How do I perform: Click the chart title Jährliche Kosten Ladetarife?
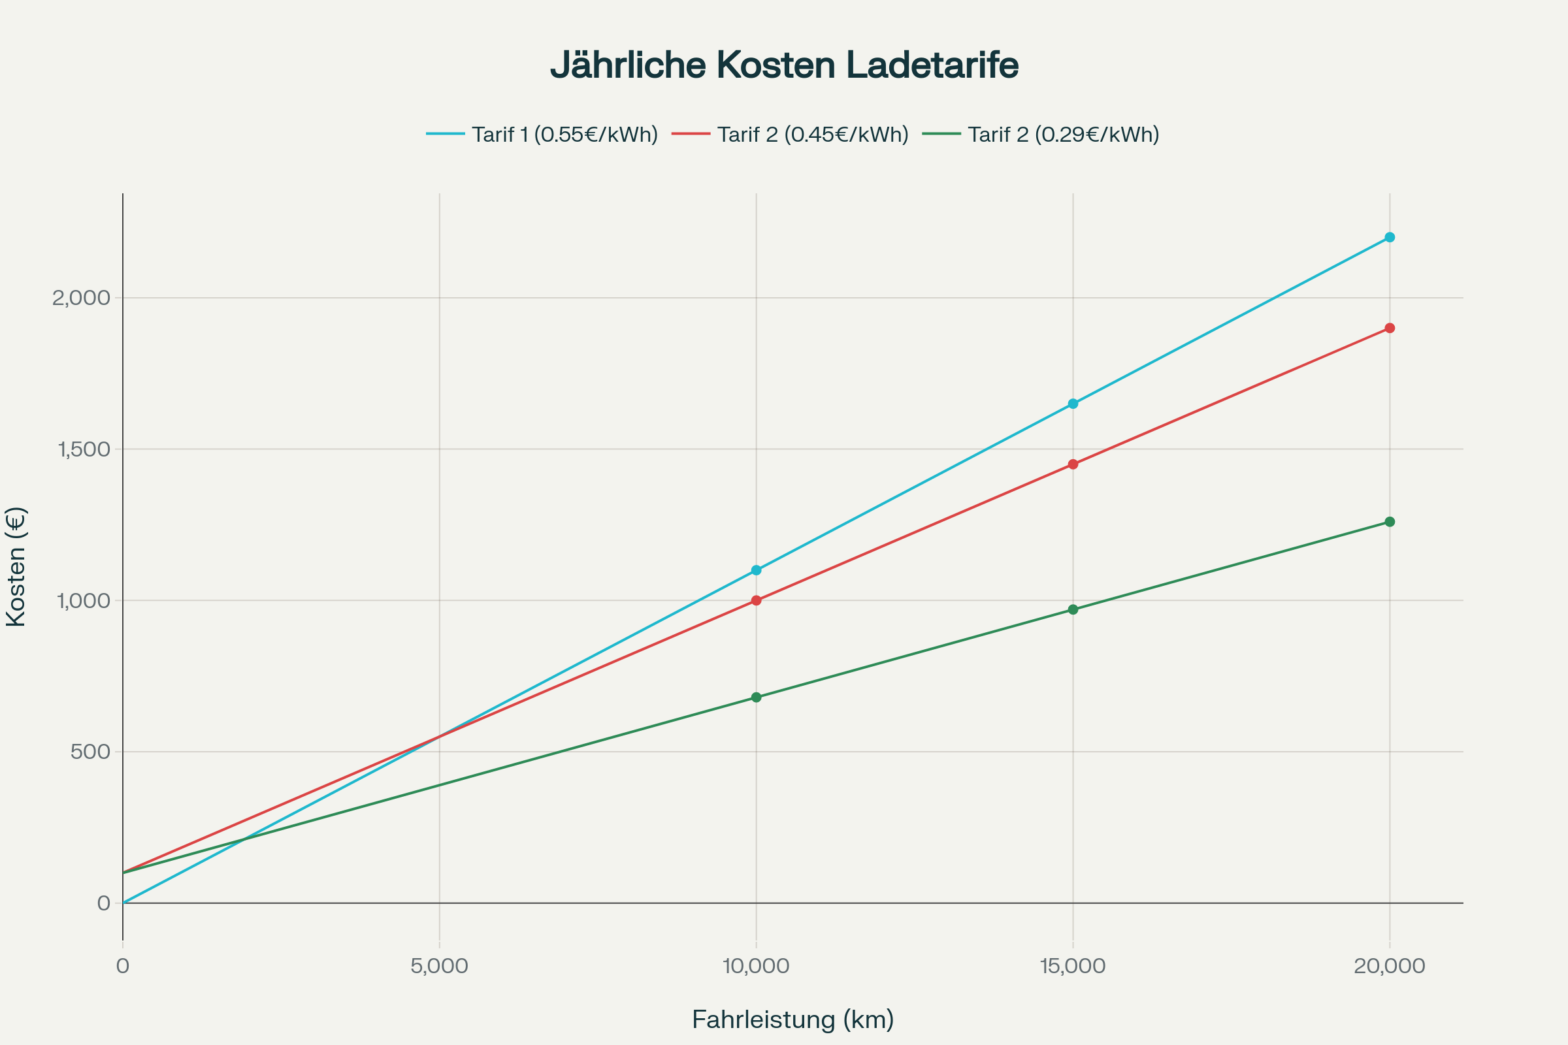click(x=784, y=65)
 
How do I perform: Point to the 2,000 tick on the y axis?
click(x=81, y=298)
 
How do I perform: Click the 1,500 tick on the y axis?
click(x=84, y=449)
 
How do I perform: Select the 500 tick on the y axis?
click(x=90, y=752)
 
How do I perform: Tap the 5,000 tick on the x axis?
click(x=439, y=966)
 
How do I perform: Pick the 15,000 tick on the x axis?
click(x=1073, y=966)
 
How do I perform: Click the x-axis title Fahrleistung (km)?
click(x=792, y=1020)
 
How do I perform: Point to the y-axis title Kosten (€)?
click(x=16, y=567)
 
